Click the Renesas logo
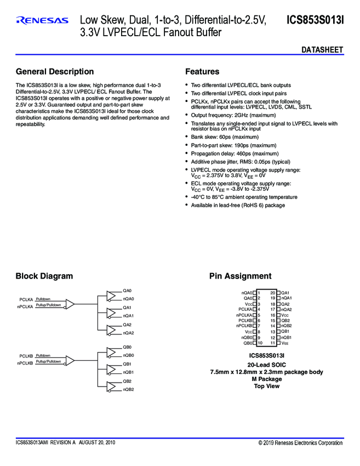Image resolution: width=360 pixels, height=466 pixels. coord(43,21)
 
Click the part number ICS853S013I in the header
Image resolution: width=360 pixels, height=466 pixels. coord(315,21)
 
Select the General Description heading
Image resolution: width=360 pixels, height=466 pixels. coord(55,72)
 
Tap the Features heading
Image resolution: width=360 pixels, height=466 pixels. coord(202,72)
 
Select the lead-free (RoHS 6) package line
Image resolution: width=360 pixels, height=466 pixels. coord(238,205)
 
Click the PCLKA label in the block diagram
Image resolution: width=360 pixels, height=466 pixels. coord(26,300)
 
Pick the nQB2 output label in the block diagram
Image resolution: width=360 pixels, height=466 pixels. coord(128,389)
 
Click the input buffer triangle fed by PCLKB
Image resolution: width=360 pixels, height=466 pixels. coord(70,360)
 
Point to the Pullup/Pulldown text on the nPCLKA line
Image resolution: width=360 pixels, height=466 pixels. coord(48,305)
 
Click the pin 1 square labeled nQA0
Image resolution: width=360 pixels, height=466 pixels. coord(255,293)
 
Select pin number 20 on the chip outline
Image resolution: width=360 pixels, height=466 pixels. coord(272,293)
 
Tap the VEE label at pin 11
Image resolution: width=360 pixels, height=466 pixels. coord(285,343)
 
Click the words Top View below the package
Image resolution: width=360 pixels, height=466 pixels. coord(266,386)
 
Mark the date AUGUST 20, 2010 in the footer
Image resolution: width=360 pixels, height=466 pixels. coord(97,442)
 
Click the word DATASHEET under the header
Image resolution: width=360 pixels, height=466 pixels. coord(322,50)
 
